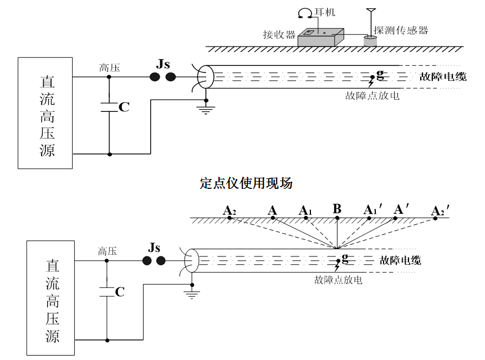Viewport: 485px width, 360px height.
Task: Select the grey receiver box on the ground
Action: click(320, 38)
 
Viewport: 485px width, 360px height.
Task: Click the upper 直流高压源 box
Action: click(45, 113)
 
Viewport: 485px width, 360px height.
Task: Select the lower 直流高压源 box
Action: click(50, 297)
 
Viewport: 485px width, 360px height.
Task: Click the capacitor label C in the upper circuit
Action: click(124, 107)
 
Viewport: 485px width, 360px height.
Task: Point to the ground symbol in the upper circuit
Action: click(206, 109)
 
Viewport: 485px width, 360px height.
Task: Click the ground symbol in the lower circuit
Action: click(192, 294)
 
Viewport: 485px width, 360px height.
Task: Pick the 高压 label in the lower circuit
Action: click(108, 251)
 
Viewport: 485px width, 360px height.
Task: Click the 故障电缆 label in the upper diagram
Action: click(442, 76)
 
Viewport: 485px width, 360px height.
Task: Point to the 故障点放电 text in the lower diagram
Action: click(338, 280)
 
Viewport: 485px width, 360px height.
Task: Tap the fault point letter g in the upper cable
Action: click(380, 74)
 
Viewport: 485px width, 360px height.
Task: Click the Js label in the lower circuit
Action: click(154, 247)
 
